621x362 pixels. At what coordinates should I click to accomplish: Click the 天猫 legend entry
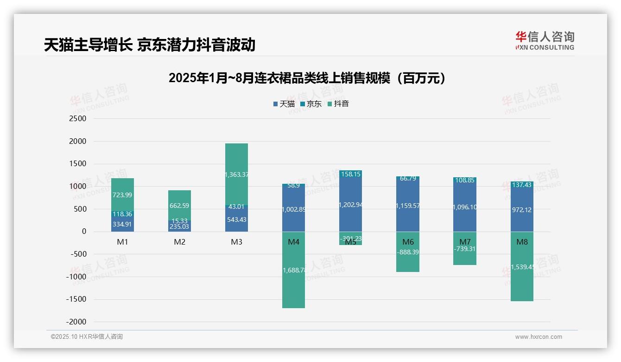[284, 104]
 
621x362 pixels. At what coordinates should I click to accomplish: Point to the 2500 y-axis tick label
[77, 119]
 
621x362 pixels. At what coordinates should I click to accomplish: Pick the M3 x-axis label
[236, 242]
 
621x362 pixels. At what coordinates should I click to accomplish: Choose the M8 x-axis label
[522, 242]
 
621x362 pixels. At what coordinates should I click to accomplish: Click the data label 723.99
[122, 195]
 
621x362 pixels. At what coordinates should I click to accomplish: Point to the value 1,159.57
[408, 206]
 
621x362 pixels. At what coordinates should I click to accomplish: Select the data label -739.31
[465, 249]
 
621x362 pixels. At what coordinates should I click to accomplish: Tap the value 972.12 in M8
[522, 210]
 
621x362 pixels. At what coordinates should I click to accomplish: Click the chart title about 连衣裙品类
[307, 78]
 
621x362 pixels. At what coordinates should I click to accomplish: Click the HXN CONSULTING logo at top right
[545, 40]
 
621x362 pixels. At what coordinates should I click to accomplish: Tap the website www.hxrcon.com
[539, 337]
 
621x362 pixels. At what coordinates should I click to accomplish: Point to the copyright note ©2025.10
[87, 337]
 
